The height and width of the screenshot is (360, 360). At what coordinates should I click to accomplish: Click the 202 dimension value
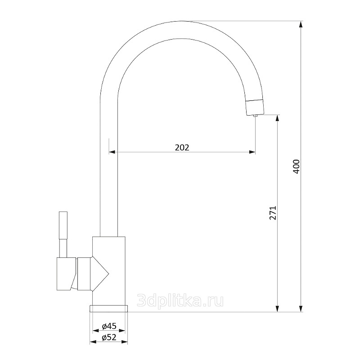pos(182,148)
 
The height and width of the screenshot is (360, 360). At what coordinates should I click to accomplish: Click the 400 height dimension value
pos(297,166)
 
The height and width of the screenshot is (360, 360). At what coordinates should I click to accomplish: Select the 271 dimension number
pos(273,213)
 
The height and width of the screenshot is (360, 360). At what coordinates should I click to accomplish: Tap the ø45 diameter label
pos(109,325)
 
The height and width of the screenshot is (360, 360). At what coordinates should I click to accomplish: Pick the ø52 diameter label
pos(109,337)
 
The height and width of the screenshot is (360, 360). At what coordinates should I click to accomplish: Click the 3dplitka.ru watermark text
pos(180,301)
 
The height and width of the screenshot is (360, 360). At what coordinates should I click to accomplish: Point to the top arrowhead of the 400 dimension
pos(301,24)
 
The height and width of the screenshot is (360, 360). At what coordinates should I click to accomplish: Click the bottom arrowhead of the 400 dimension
pos(301,309)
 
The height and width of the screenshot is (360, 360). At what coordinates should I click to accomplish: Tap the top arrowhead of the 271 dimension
pos(278,118)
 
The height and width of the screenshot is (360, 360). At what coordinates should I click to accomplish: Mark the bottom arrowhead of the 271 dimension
pos(278,309)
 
